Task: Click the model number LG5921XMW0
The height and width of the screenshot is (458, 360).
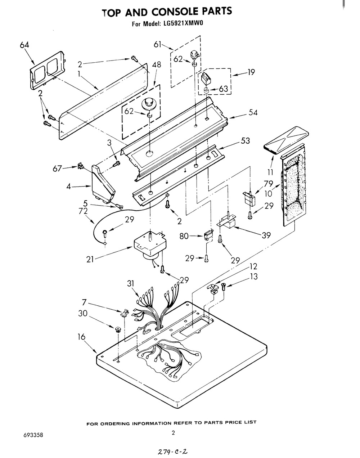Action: click(184, 23)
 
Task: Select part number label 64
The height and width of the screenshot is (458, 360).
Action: click(24, 45)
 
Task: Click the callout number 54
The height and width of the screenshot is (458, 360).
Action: click(253, 112)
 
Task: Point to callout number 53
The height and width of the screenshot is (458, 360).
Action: click(245, 141)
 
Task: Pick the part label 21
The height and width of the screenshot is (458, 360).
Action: click(90, 260)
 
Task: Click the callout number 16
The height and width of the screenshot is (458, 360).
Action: click(81, 337)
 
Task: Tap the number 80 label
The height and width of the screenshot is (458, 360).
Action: click(184, 236)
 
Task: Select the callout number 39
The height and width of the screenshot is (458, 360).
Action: click(266, 235)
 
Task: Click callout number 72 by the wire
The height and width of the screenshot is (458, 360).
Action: click(83, 211)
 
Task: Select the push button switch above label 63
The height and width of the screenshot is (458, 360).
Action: click(206, 78)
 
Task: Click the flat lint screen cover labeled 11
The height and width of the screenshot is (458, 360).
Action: click(286, 140)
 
